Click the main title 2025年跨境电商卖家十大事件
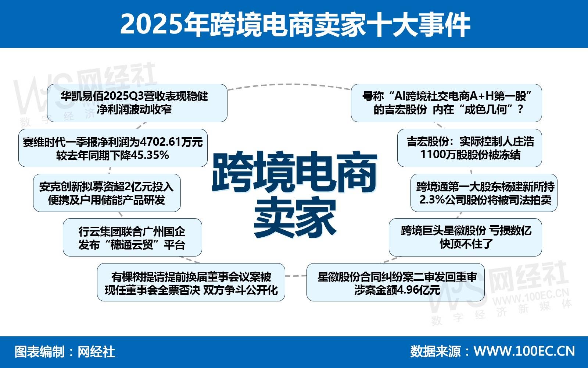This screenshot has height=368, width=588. coord(295,24)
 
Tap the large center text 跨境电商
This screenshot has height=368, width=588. coord(294,173)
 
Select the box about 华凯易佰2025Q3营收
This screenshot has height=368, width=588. coord(137,103)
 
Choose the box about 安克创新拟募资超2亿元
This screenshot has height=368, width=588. coord(107,193)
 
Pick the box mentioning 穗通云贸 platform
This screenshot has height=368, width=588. coord(132,237)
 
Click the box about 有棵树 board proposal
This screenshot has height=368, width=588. coord(191,282)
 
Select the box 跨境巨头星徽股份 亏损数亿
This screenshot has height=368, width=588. coord(465,237)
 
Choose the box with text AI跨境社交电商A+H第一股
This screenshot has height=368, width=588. coord(447,103)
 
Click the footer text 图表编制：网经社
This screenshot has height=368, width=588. coord(65,352)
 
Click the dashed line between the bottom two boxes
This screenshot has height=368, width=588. coord(296,276)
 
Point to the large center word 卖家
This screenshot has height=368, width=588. coord(294,217)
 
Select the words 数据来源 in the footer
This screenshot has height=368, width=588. coord(435,351)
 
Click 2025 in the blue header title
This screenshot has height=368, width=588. coord(151,24)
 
